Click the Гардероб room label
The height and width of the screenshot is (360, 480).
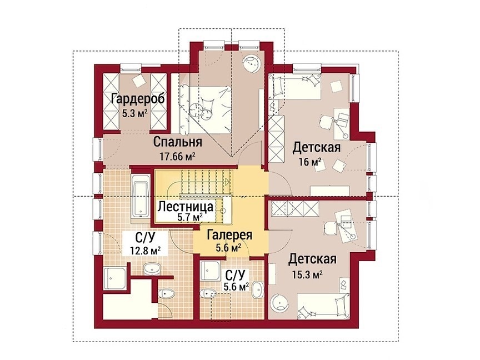pyautogui.click(x=138, y=99)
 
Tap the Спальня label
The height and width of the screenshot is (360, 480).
pyautogui.click(x=178, y=142)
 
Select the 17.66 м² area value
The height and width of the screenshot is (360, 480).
pyautogui.click(x=178, y=157)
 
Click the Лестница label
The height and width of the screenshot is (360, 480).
pyautogui.click(x=186, y=206)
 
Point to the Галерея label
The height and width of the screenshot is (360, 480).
pyautogui.click(x=229, y=235)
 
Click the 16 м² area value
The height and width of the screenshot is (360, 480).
pyautogui.click(x=310, y=162)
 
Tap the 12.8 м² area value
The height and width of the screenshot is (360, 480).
pyautogui.click(x=146, y=251)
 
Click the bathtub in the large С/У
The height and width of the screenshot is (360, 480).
pyautogui.click(x=141, y=199)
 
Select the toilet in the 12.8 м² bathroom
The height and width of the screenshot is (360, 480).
pyautogui.click(x=167, y=294)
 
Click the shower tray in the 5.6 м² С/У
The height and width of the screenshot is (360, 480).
pyautogui.click(x=211, y=271)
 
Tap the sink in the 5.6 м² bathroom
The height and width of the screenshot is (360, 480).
pyautogui.click(x=258, y=289)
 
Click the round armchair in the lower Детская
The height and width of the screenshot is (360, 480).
pyautogui.click(x=279, y=302)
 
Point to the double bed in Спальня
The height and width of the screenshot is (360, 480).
pyautogui.click(x=206, y=109)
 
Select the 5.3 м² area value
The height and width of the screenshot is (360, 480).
pyautogui.click(x=134, y=114)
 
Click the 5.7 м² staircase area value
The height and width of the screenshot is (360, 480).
pyautogui.click(x=190, y=217)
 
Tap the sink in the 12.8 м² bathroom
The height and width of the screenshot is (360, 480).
pyautogui.click(x=152, y=269)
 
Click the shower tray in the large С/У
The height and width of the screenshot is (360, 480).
pyautogui.click(x=115, y=278)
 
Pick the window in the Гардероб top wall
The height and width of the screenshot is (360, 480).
pyautogui.click(x=131, y=67)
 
